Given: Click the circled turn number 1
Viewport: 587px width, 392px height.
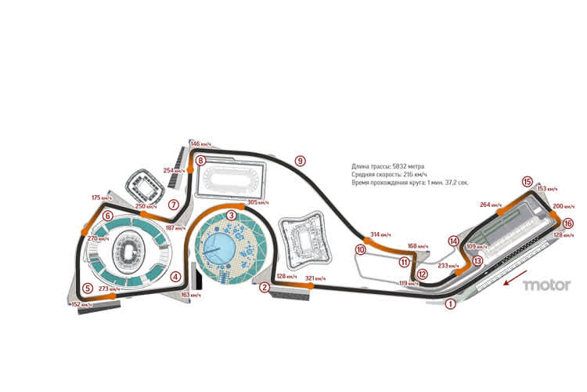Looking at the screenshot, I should [x=450, y=303].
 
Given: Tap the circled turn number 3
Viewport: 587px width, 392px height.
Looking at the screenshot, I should [x=231, y=214].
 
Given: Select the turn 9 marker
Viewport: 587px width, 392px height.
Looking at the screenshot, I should [x=299, y=161].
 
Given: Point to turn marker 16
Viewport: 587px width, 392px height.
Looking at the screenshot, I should [x=567, y=223].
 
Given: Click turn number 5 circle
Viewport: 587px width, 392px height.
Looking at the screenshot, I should [x=88, y=288].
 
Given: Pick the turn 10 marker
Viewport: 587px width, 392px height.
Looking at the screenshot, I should [x=360, y=250].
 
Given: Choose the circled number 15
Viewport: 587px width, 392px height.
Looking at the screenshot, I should [x=528, y=180].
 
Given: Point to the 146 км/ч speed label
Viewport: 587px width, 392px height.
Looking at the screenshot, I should [x=200, y=144].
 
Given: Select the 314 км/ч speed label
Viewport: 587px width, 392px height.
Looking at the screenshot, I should [x=358, y=234].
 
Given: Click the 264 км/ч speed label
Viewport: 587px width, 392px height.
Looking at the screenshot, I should [x=490, y=205].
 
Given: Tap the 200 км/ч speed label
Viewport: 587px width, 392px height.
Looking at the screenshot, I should [x=563, y=206].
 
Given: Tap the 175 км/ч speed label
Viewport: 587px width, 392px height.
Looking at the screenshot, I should [x=102, y=198].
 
